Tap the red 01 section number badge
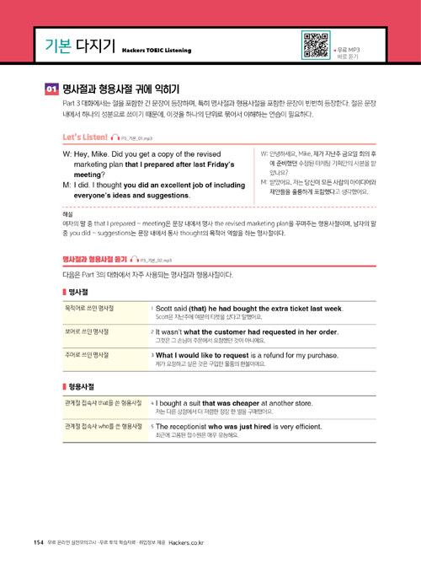(51, 89)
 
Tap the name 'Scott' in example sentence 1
(166, 310)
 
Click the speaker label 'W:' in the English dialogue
(67, 155)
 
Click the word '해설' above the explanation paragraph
(68, 214)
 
